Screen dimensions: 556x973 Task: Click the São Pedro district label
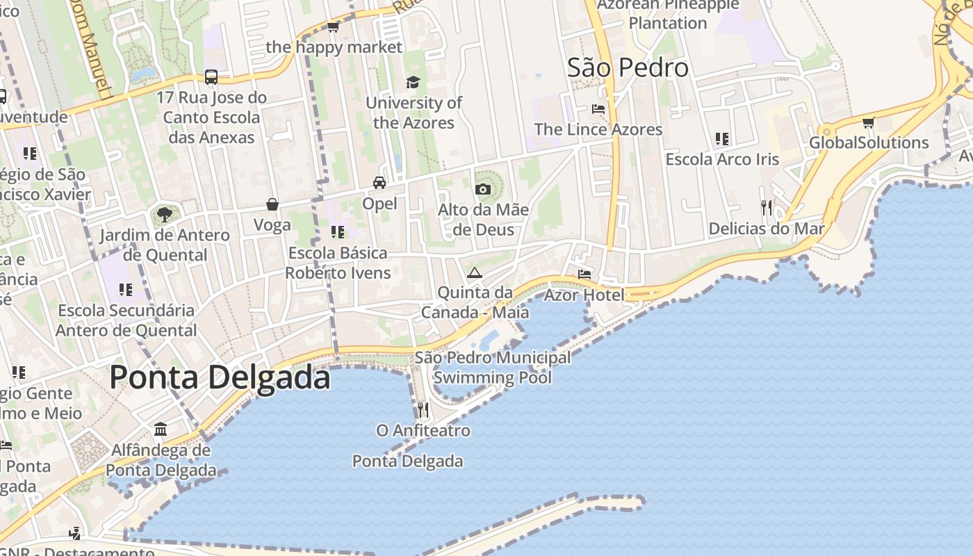628,68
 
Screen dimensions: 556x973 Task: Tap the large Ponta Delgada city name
220,377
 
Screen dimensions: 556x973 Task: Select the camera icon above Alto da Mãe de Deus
483,189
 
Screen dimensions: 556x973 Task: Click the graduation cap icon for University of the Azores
414,82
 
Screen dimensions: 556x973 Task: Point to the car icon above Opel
379,183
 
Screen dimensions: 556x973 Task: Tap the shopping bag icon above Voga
272,204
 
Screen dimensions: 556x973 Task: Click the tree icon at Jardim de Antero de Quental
165,214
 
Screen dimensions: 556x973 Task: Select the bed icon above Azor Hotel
584,275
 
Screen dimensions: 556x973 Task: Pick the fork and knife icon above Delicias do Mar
767,207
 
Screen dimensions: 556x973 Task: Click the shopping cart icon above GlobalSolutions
868,122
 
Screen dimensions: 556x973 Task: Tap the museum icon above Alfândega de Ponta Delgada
161,429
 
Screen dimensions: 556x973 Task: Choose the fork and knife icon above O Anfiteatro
423,410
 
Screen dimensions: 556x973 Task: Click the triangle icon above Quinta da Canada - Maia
475,272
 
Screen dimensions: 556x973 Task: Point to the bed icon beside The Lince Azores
598,109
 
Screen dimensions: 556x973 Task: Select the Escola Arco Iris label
722,159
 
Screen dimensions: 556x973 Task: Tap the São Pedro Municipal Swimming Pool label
493,368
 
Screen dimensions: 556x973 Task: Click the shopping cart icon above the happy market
334,26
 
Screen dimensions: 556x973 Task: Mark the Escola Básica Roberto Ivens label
338,263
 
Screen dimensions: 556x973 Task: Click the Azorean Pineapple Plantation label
668,13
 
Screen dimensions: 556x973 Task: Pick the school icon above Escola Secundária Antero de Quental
126,289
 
